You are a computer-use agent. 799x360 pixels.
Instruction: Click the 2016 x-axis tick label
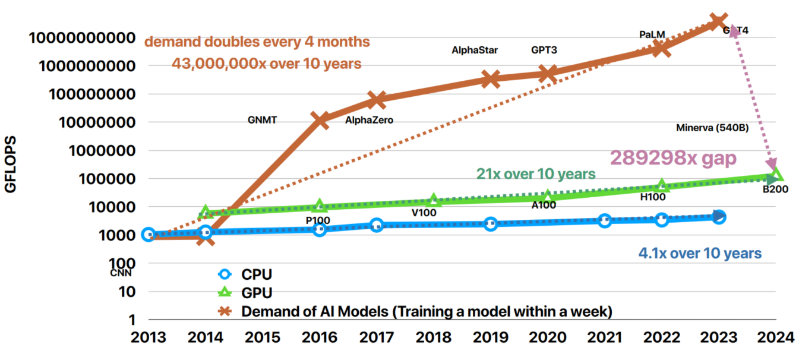[x=320, y=337]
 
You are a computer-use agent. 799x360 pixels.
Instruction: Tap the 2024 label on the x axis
[x=775, y=337]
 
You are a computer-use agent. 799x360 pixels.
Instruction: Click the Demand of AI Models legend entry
[x=426, y=311]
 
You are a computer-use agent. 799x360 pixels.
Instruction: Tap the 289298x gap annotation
[x=674, y=158]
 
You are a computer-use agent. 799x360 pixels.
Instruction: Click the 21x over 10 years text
[x=535, y=174]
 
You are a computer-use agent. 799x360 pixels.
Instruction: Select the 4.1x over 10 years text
[x=700, y=254]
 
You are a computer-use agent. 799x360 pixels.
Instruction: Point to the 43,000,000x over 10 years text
[x=266, y=64]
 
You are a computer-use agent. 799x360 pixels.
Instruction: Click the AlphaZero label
[x=369, y=121]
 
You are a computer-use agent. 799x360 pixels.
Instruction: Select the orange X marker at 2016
[x=320, y=120]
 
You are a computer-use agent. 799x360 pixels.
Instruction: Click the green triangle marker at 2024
[x=775, y=175]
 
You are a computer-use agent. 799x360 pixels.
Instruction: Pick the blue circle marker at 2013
[x=149, y=235]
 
